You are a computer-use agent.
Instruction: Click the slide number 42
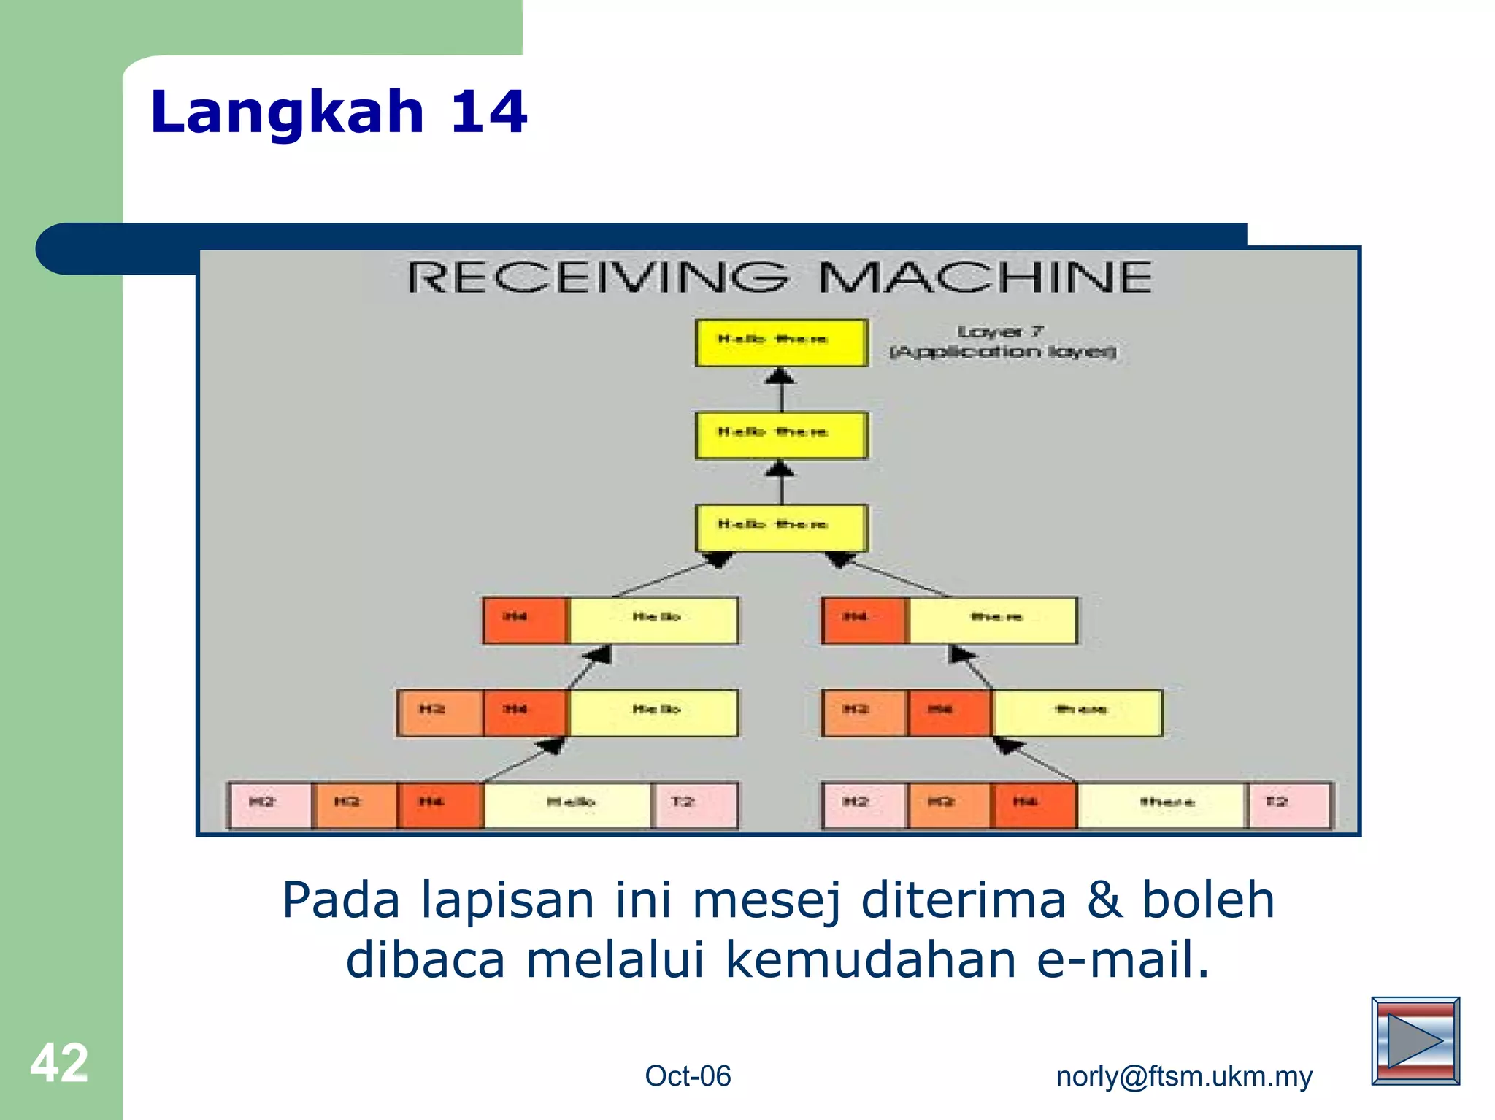point(58,1063)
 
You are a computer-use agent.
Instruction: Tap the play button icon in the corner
point(1415,1040)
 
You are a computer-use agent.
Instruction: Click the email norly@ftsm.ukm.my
point(1183,1076)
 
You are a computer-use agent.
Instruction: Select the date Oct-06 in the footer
point(687,1076)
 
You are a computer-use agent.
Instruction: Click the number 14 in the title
point(488,112)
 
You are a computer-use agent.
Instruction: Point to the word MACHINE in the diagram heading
point(985,277)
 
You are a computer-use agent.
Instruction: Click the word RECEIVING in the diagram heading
point(597,277)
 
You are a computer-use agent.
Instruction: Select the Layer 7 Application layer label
point(1002,342)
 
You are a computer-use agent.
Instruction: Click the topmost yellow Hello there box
point(781,342)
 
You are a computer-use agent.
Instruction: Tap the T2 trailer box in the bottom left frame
point(695,805)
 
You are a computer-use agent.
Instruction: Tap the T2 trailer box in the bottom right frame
point(1289,805)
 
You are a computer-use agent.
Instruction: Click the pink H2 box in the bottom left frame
point(269,805)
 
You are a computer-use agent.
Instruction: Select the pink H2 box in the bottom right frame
point(864,805)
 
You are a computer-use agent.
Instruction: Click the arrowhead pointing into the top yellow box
point(780,377)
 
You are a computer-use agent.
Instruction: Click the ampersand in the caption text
point(1104,900)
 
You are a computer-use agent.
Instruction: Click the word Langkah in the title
point(287,112)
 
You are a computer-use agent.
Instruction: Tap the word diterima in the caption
point(963,900)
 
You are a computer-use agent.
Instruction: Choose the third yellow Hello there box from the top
point(781,527)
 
